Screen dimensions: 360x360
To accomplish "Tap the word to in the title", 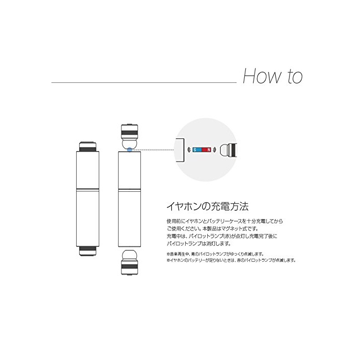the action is [295, 77].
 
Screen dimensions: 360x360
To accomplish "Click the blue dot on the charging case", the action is [130, 150].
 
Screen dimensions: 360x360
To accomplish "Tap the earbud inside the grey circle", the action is [228, 150].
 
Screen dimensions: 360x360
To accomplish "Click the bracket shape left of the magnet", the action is [181, 150].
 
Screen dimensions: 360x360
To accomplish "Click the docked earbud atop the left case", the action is [87, 147].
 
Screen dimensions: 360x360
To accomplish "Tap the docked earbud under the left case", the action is [87, 251].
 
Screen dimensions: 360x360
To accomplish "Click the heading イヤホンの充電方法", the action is [208, 206].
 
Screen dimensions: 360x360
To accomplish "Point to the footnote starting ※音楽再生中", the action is [215, 254].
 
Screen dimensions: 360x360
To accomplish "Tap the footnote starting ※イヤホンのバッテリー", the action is [231, 260].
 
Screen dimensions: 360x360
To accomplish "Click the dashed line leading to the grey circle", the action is [153, 150].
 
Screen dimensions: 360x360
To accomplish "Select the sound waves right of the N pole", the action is [214, 150].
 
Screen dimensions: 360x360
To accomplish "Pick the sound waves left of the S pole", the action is [189, 150].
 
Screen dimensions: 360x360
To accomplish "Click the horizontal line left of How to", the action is [144, 82].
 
